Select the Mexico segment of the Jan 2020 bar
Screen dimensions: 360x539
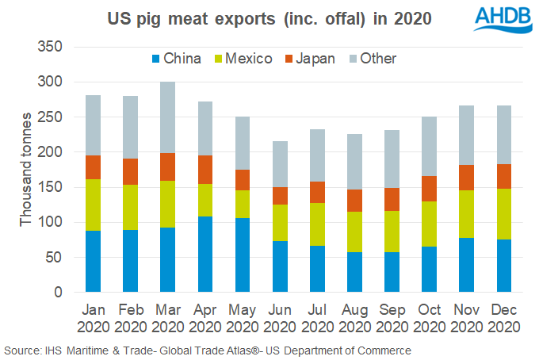93,205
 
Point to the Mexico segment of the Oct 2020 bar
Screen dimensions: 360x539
430,224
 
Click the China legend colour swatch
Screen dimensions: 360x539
157,59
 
